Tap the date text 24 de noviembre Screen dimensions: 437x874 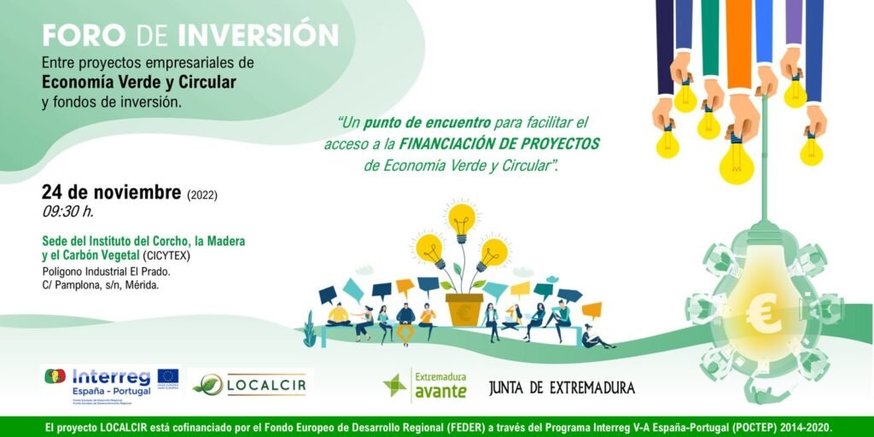tap(112, 192)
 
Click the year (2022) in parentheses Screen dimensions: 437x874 tap(201, 195)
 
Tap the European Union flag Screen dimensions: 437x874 tap(167, 376)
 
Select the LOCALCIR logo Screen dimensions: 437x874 tap(250, 385)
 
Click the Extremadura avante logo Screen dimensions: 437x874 tap(425, 386)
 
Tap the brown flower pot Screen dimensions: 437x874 tap(463, 310)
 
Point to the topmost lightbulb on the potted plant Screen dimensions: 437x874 tap(462, 219)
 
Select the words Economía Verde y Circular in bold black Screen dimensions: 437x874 tap(139, 82)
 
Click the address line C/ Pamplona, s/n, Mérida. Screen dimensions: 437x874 tap(101, 285)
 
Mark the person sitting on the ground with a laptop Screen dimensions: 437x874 tap(594, 336)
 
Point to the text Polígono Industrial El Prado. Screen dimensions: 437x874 tap(107, 271)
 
